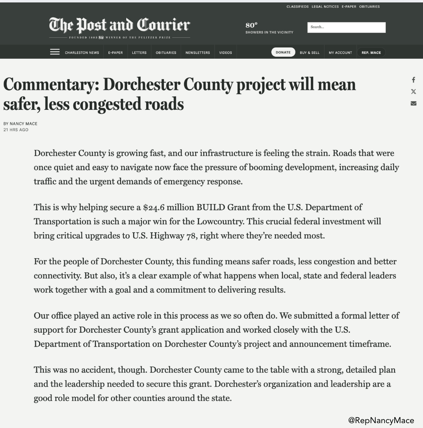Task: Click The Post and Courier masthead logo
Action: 119,25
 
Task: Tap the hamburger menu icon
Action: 55,52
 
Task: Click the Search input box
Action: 346,27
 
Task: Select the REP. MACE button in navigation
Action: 371,53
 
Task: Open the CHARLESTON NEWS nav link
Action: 82,53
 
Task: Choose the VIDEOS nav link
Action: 225,53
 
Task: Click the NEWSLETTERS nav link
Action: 198,53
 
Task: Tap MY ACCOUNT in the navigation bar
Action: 340,53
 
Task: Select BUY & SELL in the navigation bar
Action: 310,53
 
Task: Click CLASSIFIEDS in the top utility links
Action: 298,6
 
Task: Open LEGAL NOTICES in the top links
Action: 325,6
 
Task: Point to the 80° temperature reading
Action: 251,25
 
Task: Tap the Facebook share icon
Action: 413,80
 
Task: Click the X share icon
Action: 413,92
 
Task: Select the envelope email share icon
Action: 413,103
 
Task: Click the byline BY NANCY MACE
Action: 20,124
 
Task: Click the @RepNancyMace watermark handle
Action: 381,420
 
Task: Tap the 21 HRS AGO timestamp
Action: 16,130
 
